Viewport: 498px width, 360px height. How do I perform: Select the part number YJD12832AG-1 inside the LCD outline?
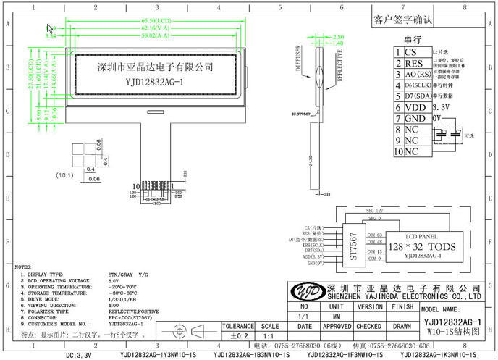[154, 82]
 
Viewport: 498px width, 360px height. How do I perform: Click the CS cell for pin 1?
[411, 53]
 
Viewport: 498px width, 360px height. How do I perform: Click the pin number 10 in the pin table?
[398, 151]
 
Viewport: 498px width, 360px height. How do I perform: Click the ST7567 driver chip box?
[353, 246]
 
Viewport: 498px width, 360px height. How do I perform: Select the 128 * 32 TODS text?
[423, 246]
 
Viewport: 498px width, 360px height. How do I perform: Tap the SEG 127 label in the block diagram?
[375, 210]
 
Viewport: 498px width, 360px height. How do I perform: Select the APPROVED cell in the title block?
[337, 327]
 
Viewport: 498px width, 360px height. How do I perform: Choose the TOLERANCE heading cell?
[238, 327]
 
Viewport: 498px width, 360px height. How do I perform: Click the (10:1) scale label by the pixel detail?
[65, 175]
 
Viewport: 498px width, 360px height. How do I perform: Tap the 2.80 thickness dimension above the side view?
[338, 36]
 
